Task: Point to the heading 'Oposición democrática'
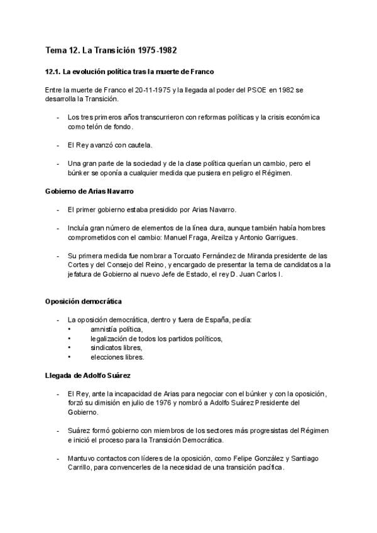(x=84, y=302)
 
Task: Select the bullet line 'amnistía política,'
(x=116, y=329)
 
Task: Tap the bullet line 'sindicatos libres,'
(x=116, y=348)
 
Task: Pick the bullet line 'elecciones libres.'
(x=117, y=357)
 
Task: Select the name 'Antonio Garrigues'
(x=254, y=237)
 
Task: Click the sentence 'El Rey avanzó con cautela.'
(x=110, y=145)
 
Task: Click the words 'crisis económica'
(x=292, y=118)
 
